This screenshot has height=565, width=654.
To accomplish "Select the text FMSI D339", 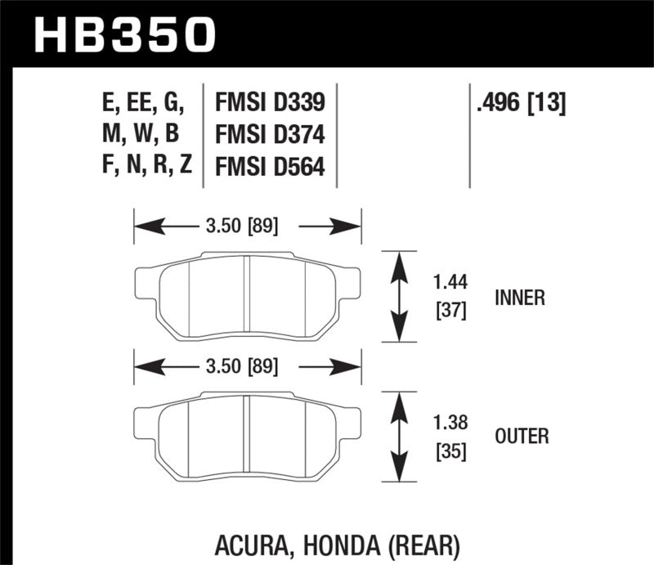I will (x=270, y=102).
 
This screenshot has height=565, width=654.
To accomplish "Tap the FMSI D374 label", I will (x=270, y=134).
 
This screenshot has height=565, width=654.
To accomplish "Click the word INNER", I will (x=519, y=298).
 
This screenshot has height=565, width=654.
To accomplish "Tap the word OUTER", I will (x=522, y=437).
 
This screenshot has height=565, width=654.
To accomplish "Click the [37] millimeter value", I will (x=450, y=312).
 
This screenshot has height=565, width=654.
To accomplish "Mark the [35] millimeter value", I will (x=450, y=451).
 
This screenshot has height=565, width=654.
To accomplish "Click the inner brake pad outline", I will (x=246, y=296).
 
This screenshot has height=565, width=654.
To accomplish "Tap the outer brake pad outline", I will (x=246, y=434).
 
